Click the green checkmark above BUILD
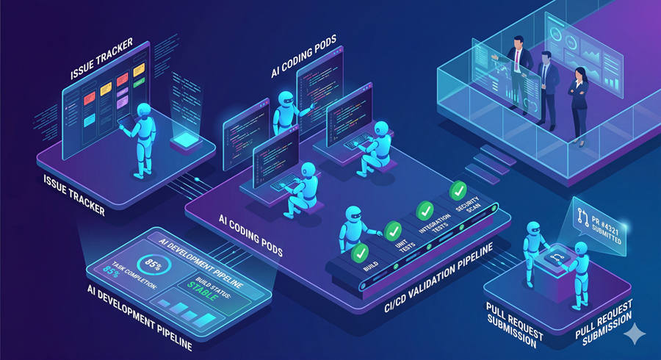pyautogui.click(x=361, y=253)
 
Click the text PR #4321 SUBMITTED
pyautogui.click(x=602, y=223)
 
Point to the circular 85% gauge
pyautogui.click(x=155, y=264)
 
